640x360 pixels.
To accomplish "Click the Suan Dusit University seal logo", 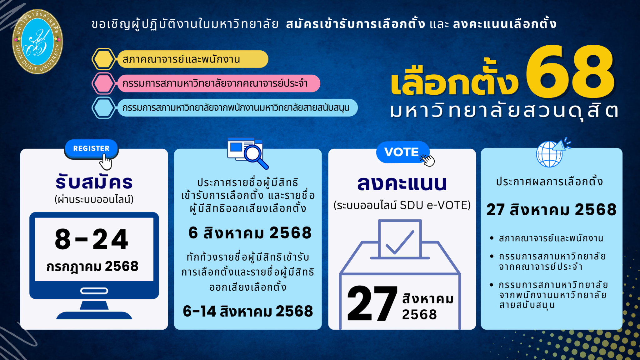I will click(x=37, y=42).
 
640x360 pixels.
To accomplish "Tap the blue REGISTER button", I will click(x=91, y=148).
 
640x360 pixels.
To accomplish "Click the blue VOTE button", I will click(x=402, y=152).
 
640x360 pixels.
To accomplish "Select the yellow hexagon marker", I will click(x=103, y=59).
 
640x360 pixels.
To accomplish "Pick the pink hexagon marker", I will click(x=103, y=83).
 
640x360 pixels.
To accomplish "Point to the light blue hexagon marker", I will click(x=103, y=108).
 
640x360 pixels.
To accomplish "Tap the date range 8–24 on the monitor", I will click(x=92, y=239).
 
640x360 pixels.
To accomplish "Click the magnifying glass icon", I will click(x=256, y=155).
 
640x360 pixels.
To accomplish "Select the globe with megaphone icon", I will click(x=552, y=153).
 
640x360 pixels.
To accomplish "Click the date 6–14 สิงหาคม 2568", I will click(x=248, y=311).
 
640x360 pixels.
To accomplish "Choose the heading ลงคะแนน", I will click(x=402, y=183).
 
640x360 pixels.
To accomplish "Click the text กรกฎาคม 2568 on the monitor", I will click(x=92, y=267).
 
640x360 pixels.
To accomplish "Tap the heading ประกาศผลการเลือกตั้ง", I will click(x=549, y=182).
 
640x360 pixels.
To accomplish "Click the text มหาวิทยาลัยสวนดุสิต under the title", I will click(x=504, y=111).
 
